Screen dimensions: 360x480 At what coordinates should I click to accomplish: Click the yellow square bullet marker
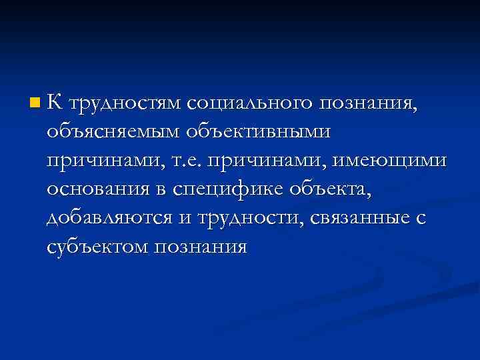(35, 103)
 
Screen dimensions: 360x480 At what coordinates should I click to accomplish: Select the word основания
(105, 191)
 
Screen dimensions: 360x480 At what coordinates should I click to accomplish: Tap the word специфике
(230, 191)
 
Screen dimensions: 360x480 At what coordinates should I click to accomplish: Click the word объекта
(331, 191)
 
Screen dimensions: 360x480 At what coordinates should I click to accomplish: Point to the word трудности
(255, 219)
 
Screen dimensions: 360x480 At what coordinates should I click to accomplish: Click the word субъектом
(97, 248)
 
